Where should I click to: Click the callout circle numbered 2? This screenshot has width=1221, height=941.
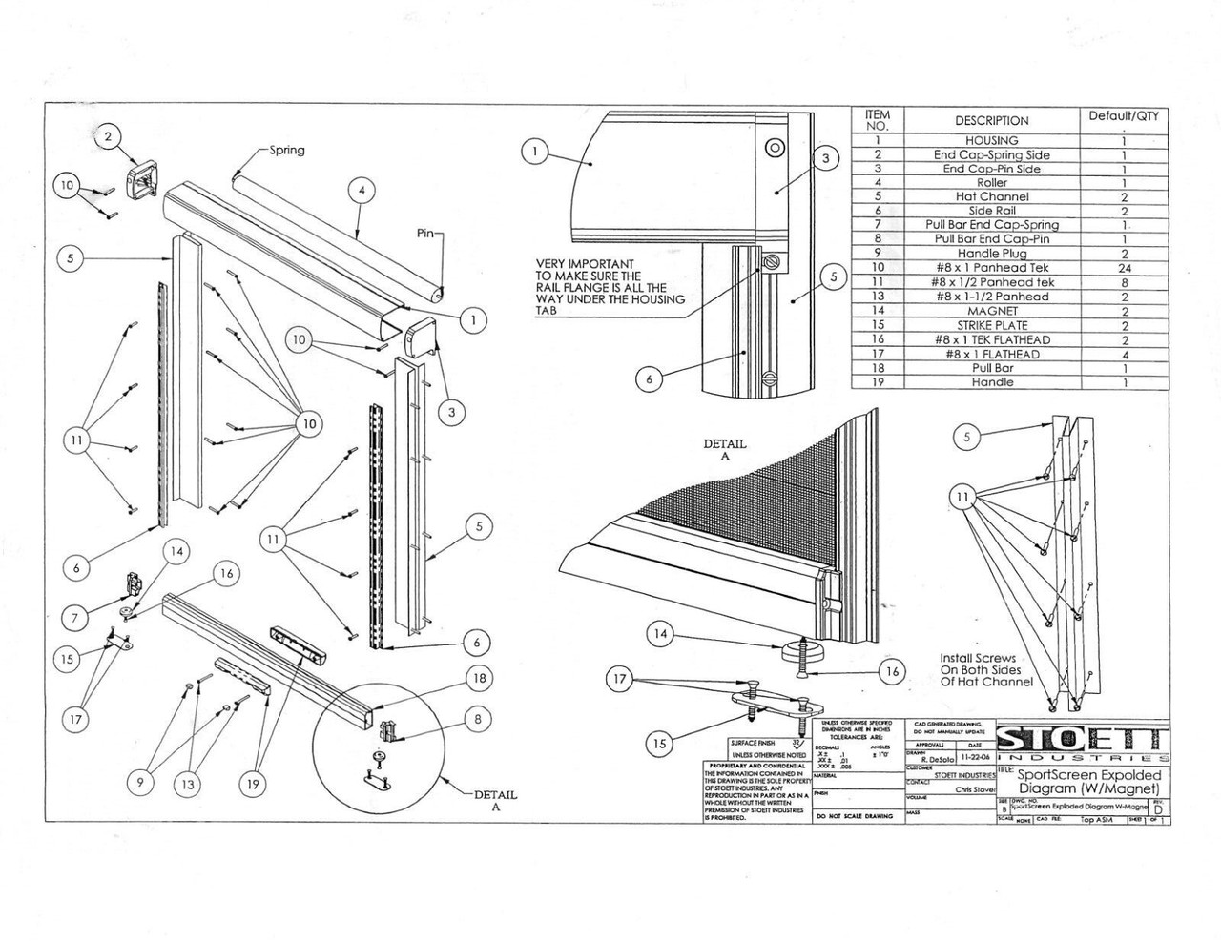tap(108, 137)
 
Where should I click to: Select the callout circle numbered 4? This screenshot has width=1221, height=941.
tap(361, 190)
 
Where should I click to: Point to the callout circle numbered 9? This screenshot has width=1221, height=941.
tap(140, 784)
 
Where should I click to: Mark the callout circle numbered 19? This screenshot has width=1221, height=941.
tap(253, 784)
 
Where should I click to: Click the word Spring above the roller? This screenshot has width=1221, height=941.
tap(286, 151)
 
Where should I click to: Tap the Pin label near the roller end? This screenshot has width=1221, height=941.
tap(427, 233)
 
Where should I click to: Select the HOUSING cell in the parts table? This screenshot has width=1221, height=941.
tap(991, 140)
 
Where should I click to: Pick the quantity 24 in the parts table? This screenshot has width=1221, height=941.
tap(1124, 268)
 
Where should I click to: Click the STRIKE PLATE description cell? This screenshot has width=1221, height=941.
tap(991, 325)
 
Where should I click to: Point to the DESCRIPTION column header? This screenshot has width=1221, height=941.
tap(991, 121)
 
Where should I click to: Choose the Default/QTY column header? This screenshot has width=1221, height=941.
tap(1124, 116)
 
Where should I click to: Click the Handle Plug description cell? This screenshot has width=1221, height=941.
tap(991, 254)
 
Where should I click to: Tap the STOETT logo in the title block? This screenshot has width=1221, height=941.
tap(1082, 740)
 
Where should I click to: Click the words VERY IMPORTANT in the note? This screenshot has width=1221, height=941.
tap(584, 264)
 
